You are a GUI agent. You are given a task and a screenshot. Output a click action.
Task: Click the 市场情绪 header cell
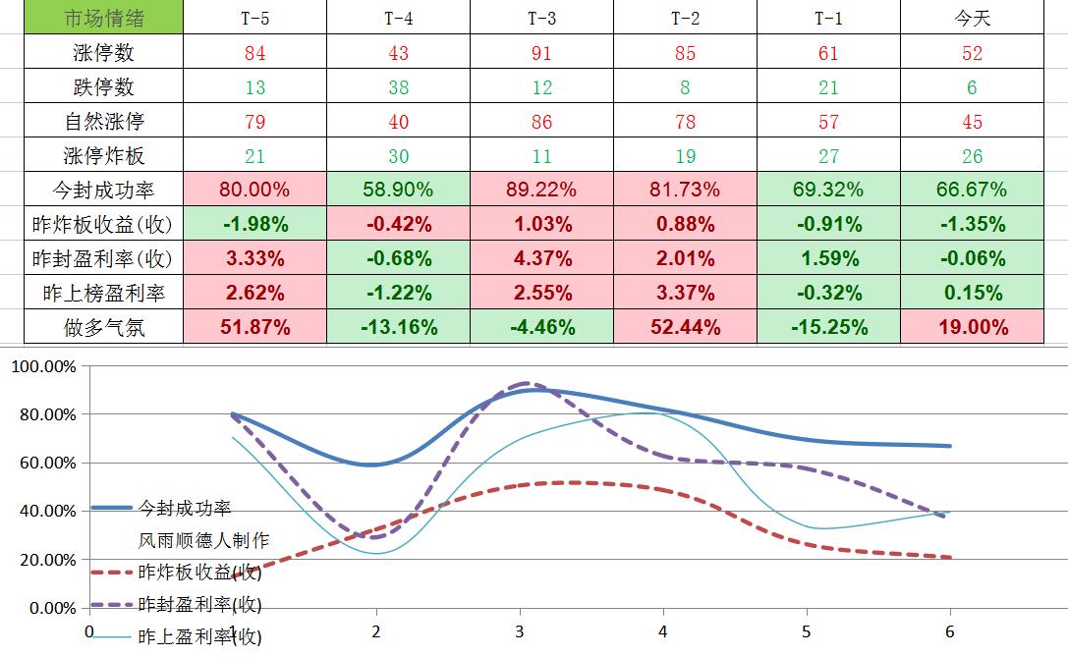click(x=103, y=18)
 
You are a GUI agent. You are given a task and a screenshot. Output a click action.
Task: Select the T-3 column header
click(x=541, y=18)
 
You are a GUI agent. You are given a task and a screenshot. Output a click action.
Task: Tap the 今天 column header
click(x=972, y=18)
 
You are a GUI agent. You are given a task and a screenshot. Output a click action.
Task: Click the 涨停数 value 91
click(x=541, y=53)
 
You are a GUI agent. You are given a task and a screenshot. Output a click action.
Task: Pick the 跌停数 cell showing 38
click(x=398, y=87)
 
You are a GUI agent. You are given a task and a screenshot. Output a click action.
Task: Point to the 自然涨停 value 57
click(x=828, y=122)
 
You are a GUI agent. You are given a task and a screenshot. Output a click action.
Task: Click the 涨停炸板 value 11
click(x=541, y=156)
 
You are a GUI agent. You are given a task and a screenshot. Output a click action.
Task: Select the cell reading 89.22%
click(x=541, y=190)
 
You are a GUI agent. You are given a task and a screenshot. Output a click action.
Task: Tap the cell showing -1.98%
click(x=255, y=224)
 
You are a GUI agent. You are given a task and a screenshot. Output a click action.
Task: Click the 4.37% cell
click(x=541, y=258)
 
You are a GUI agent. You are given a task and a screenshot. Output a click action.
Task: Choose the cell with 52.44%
click(x=685, y=327)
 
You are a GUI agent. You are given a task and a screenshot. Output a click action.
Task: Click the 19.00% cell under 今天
click(x=972, y=327)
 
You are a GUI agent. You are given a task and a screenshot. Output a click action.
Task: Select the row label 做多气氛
click(x=103, y=327)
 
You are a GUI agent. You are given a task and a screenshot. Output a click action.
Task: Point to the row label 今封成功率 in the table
click(x=103, y=190)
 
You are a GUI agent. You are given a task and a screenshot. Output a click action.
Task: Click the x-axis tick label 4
click(x=663, y=631)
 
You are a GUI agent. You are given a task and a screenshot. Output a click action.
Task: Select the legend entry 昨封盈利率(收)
click(x=199, y=604)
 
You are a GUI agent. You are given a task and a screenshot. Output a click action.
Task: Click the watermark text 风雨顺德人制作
click(x=203, y=540)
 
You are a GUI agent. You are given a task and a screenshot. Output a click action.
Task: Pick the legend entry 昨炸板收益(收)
click(x=199, y=572)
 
